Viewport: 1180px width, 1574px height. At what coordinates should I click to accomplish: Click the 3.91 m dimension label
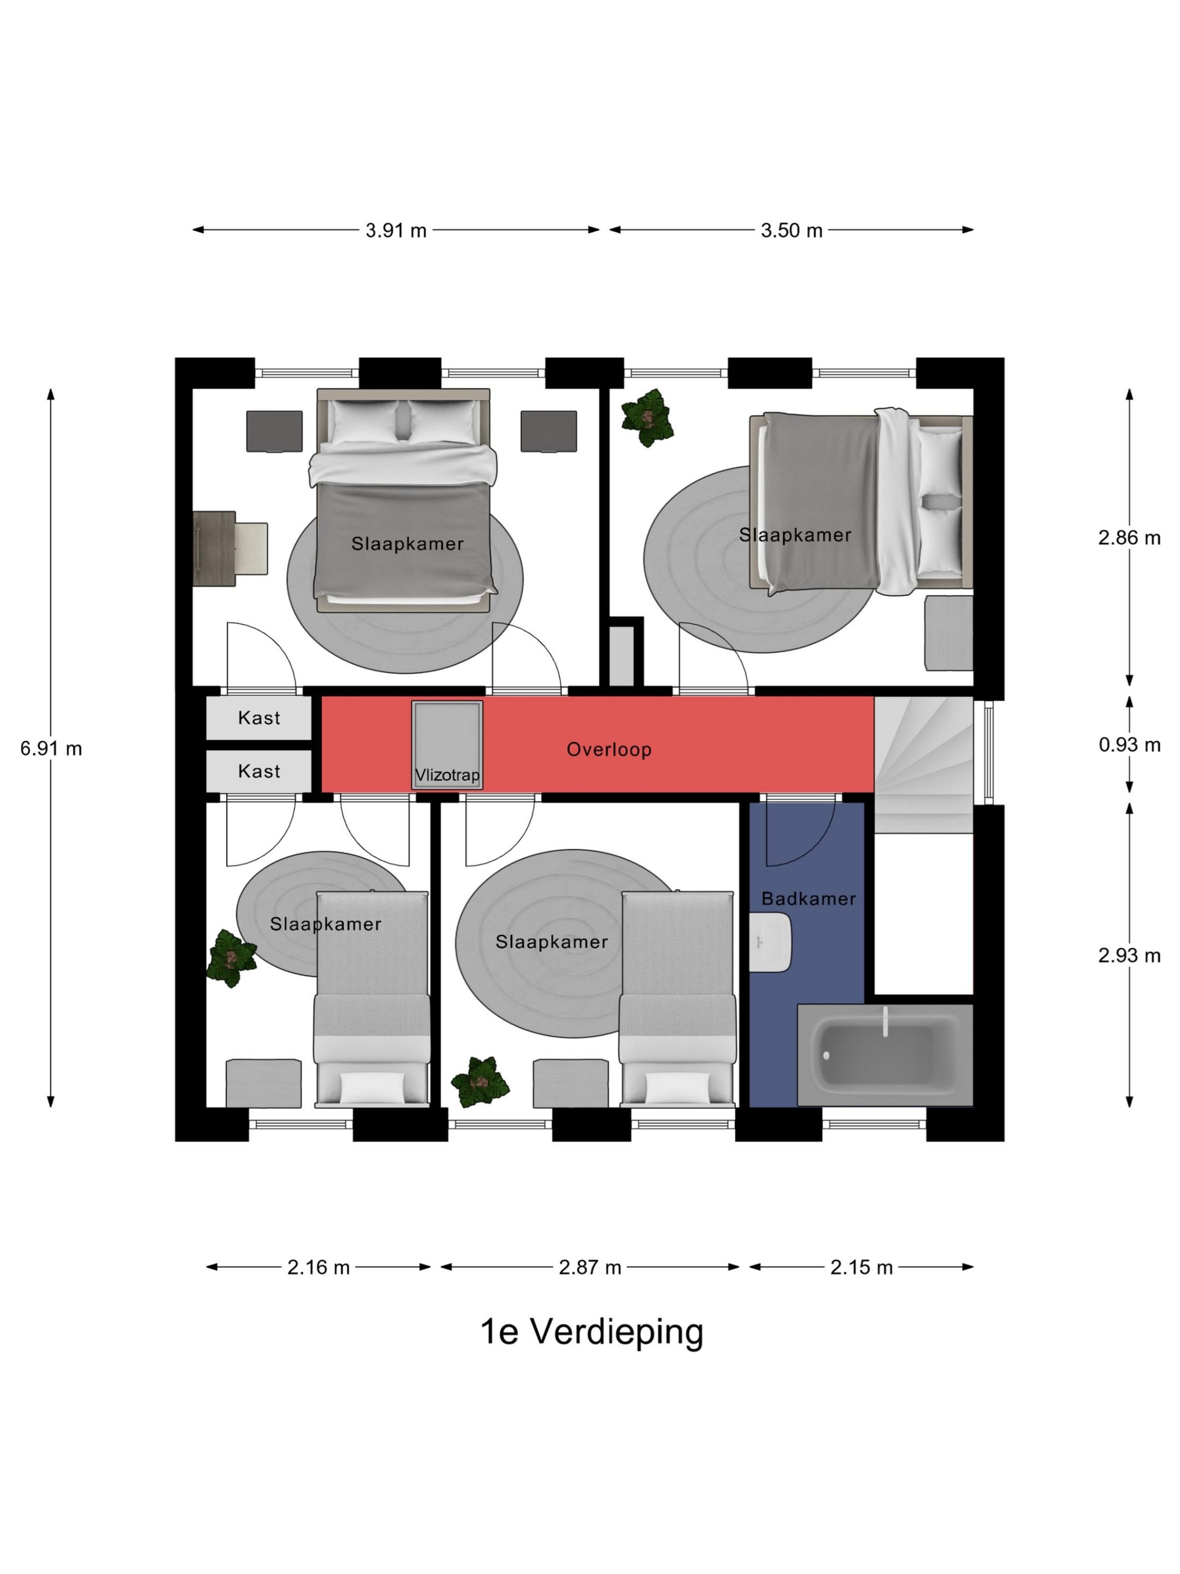coord(396,230)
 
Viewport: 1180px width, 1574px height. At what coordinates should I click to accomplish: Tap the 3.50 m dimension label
coord(791,230)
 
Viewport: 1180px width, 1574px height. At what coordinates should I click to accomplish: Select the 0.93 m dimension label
coord(1129,744)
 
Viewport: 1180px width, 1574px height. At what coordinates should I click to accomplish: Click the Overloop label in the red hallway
coord(609,749)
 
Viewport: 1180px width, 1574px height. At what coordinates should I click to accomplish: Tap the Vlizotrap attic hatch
coord(447,745)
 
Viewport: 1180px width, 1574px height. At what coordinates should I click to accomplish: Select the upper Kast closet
coord(259,718)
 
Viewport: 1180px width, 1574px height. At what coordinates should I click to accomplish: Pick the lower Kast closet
coord(259,771)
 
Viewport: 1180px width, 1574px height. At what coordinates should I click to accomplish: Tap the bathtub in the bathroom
coord(885,1055)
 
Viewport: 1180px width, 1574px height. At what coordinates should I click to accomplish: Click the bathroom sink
coord(770,943)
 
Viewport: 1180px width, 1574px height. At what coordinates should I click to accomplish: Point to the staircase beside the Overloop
coord(923,765)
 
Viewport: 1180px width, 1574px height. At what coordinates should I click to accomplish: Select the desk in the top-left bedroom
coord(215,549)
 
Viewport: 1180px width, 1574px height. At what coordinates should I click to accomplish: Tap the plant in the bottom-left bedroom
coord(231,959)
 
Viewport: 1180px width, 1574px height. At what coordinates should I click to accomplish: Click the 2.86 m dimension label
coord(1129,538)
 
